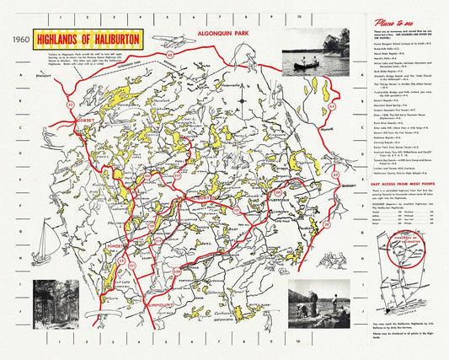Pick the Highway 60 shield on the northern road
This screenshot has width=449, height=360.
pyautogui.click(x=170, y=55)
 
